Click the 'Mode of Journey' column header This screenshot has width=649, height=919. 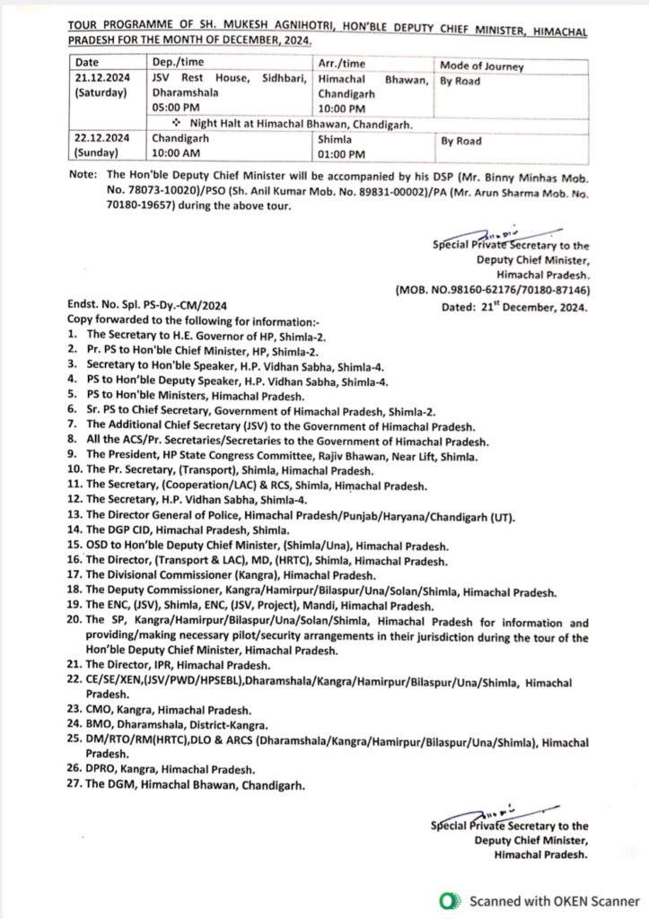pyautogui.click(x=481, y=66)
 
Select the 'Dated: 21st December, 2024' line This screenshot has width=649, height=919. pyautogui.click(x=519, y=307)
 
